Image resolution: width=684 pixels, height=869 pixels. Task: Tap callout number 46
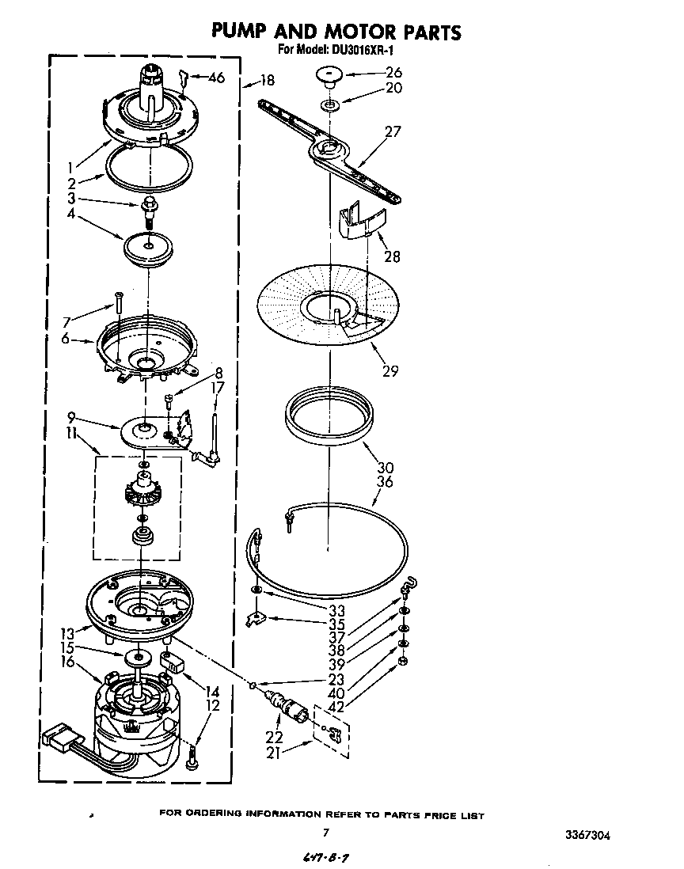click(216, 78)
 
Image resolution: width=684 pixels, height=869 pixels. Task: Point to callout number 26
click(393, 72)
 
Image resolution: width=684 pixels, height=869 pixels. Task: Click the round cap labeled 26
click(329, 76)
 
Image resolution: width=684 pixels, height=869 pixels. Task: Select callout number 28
click(391, 256)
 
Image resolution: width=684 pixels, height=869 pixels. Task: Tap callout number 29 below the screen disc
click(389, 370)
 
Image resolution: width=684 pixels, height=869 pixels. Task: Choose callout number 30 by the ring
click(386, 467)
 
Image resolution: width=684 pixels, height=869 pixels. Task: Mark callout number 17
click(217, 388)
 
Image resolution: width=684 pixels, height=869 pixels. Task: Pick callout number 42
click(336, 707)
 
